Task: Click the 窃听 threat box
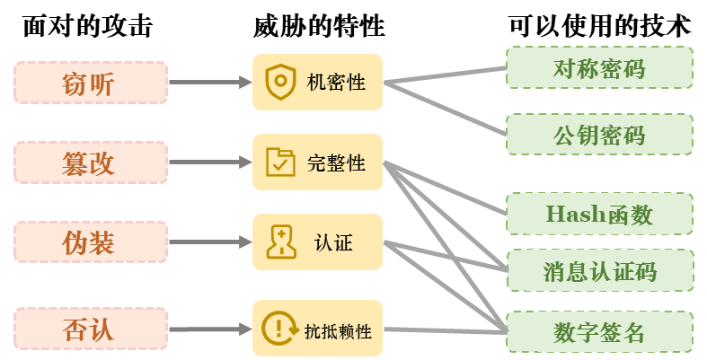pos(91,83)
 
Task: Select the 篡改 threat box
pos(91,162)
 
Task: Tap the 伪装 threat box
pos(91,242)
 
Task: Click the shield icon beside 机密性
pos(280,82)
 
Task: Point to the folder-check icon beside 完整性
pos(280,162)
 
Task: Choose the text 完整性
pos(336,163)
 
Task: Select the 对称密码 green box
pos(599,68)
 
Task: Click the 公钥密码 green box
pos(599,136)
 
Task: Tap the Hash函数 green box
pos(599,215)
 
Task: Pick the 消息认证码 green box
pos(599,270)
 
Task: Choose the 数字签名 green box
pos(599,332)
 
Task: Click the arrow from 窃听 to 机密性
pos(208,83)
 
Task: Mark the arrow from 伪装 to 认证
pos(208,242)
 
